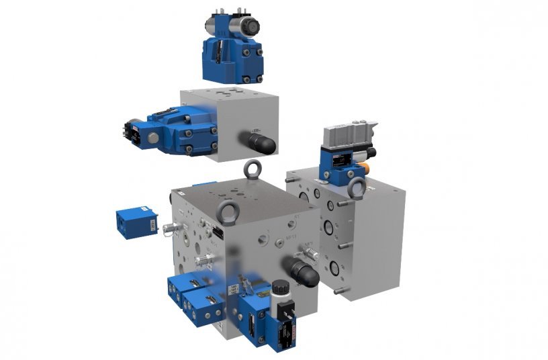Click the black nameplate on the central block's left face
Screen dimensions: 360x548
[x=219, y=232]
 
